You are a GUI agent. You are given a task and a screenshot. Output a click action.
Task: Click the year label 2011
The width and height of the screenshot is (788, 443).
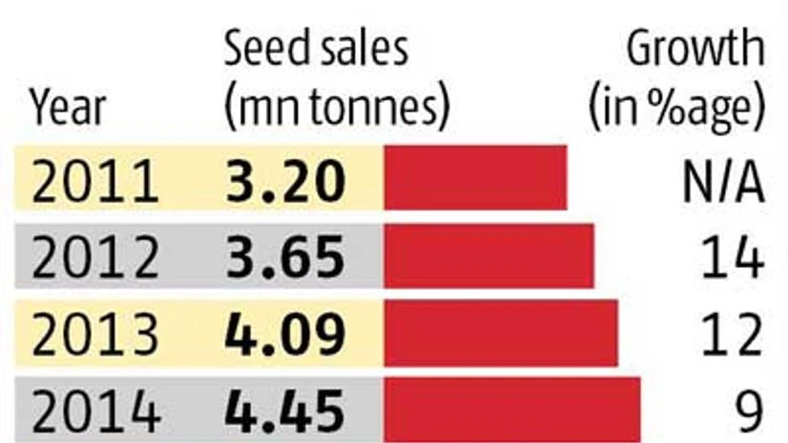click(x=94, y=180)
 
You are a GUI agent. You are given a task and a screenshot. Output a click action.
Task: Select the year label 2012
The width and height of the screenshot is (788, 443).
click(x=94, y=257)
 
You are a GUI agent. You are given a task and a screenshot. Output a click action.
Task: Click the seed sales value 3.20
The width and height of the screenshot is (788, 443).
click(x=283, y=180)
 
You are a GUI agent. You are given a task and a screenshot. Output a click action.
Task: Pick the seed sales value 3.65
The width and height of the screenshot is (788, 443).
click(x=283, y=257)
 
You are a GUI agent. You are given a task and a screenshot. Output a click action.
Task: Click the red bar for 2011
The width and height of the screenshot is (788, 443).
click(x=474, y=178)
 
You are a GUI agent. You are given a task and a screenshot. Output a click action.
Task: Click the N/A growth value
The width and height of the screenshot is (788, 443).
click(x=722, y=180)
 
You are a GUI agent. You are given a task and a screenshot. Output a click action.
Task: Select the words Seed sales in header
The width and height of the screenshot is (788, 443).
click(x=316, y=50)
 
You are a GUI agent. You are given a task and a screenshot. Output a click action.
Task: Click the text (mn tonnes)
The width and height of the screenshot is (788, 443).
click(x=336, y=109)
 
